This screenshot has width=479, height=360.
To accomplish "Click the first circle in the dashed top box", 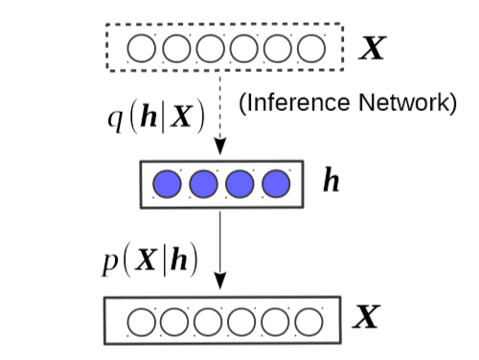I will pyautogui.click(x=142, y=48).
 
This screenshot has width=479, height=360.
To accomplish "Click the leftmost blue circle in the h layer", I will pyautogui.click(x=168, y=183).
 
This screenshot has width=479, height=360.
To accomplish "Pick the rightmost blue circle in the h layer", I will pyautogui.click(x=275, y=183).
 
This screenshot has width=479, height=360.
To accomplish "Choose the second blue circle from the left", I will pyautogui.click(x=203, y=183).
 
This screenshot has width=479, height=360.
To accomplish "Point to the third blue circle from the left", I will pyautogui.click(x=239, y=183).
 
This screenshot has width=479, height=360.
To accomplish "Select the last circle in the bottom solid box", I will pyautogui.click(x=312, y=321).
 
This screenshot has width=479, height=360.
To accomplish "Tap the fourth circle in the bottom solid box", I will pyautogui.click(x=244, y=321).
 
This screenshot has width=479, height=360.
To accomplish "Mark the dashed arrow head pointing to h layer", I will pyautogui.click(x=220, y=146).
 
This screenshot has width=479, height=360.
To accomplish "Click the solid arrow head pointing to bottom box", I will pyautogui.click(x=220, y=281).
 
